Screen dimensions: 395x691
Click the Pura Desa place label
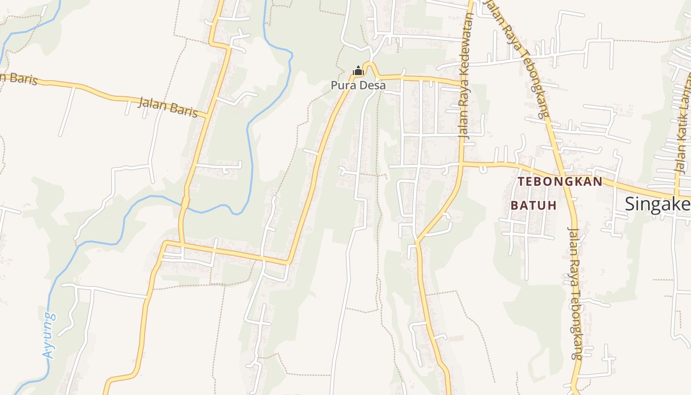click(x=358, y=85)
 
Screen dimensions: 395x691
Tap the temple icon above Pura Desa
click(x=358, y=72)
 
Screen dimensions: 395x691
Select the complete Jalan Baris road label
click(x=167, y=107)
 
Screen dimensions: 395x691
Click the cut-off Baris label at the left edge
click(x=19, y=78)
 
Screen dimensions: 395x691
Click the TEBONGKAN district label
click(x=560, y=182)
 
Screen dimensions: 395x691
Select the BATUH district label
click(x=534, y=205)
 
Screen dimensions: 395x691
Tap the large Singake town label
click(x=657, y=204)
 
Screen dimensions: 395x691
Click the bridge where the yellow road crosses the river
click(x=185, y=203)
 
